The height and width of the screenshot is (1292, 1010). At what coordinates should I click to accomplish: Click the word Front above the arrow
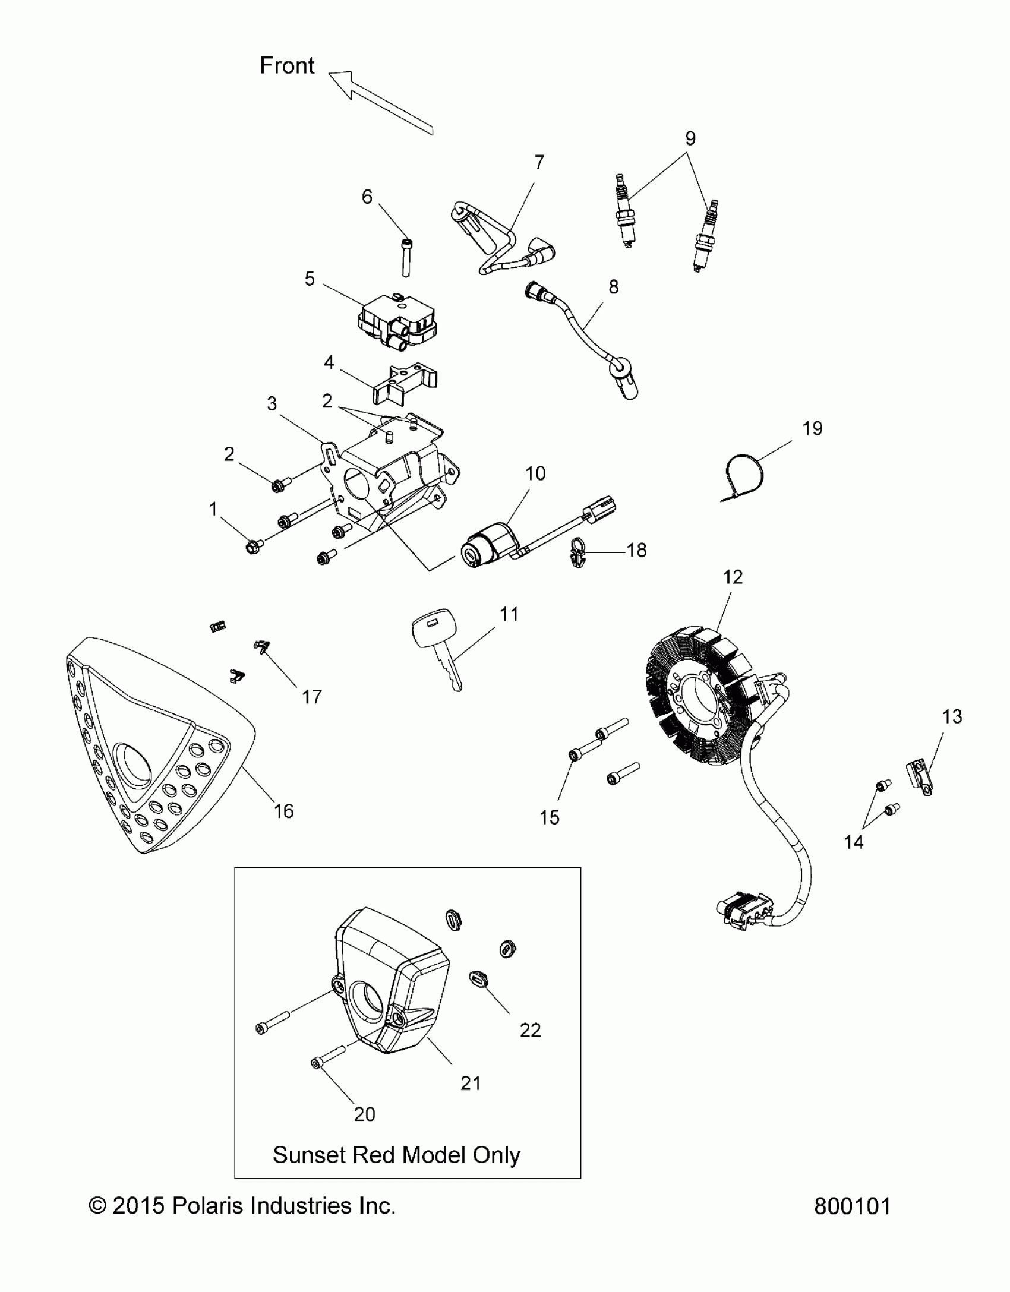(287, 65)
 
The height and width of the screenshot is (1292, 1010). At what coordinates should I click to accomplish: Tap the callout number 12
(733, 577)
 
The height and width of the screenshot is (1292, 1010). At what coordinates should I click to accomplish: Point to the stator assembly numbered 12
(701, 695)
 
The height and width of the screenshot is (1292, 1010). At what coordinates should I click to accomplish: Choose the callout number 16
(283, 811)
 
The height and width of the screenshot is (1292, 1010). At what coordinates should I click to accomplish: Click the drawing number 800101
(852, 1206)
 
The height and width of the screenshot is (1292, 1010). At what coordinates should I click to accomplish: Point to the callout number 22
(530, 1029)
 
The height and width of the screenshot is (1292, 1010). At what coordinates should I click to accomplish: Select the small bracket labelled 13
(920, 779)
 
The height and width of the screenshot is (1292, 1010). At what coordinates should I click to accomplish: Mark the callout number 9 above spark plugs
(690, 138)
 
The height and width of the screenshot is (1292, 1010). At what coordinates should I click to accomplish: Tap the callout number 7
(539, 162)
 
